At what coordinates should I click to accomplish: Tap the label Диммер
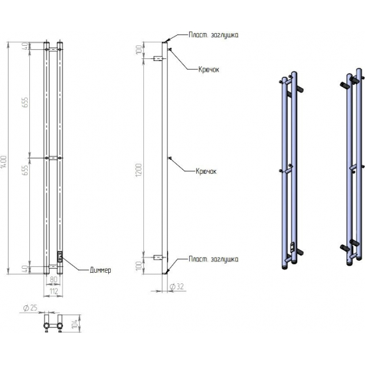(x=100, y=270)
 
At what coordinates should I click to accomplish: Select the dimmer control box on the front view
(x=60, y=257)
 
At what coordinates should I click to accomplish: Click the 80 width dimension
(x=54, y=279)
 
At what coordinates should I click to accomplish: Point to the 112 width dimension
(x=54, y=291)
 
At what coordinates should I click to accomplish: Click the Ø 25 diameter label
(x=31, y=308)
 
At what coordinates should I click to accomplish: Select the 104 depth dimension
(x=75, y=324)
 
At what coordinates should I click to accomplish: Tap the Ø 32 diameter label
(x=177, y=287)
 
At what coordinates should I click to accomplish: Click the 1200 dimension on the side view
(x=139, y=170)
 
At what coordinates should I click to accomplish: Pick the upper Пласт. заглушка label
(x=214, y=35)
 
